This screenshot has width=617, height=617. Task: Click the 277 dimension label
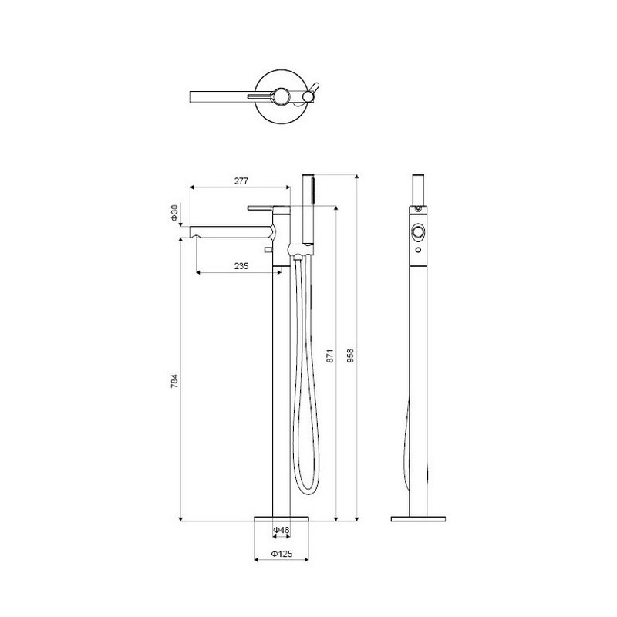[x=241, y=180]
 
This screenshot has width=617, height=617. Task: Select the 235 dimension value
[x=241, y=266]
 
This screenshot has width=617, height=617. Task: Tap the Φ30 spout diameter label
[x=175, y=213]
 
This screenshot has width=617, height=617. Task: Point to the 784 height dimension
[x=174, y=381]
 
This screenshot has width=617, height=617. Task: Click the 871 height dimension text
[x=330, y=356]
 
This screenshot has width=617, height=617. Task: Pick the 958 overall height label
[x=350, y=356]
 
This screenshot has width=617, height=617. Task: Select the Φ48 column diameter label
[x=282, y=530]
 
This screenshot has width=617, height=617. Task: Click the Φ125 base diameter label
[x=282, y=554]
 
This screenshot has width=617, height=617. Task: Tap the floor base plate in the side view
[x=418, y=519]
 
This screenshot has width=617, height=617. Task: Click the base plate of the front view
[x=282, y=518]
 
